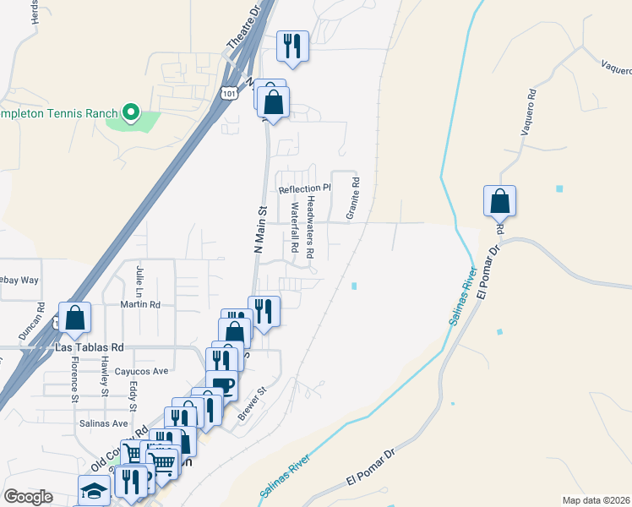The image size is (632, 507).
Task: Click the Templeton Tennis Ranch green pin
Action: pos(131,112)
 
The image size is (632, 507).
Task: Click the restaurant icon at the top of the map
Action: pos(293,46)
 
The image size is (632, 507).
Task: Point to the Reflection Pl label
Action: pos(305,188)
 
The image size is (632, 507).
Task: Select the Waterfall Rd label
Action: pos(296,228)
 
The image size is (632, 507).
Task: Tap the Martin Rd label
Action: pos(139,304)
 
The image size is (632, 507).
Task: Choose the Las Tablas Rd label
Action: pos(89,347)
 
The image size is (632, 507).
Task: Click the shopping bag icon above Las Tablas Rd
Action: pos(74,317)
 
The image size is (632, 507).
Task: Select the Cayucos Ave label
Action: pos(142,371)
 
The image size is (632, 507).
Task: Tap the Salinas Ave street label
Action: pos(103,423)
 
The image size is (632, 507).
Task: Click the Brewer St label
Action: pos(252,403)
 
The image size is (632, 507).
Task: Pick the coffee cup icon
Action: pos(221,385)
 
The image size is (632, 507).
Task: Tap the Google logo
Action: pos(28,497)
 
